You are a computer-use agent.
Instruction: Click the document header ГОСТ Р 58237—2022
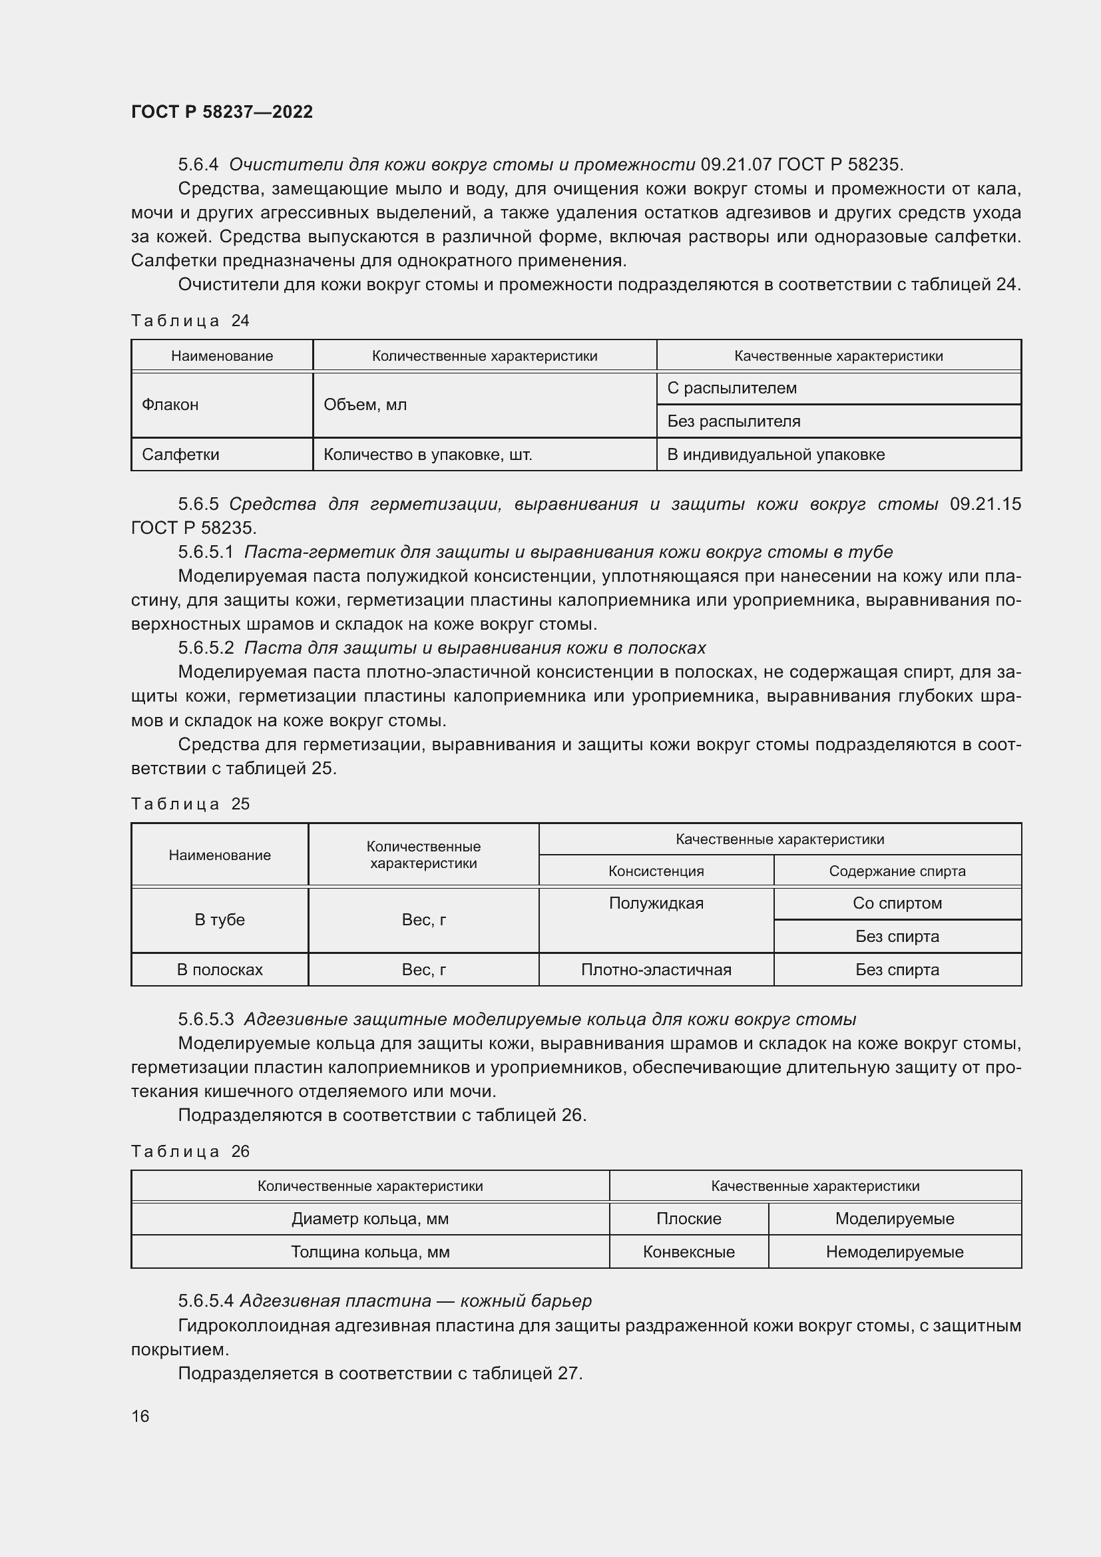click(222, 112)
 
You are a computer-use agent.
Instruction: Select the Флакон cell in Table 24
click(170, 405)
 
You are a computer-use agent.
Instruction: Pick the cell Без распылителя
click(734, 421)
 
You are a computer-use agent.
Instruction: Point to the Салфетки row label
click(180, 455)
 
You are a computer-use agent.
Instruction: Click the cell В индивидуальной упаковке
click(775, 455)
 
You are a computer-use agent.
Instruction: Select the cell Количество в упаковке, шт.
click(427, 455)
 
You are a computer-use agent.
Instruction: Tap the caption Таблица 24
click(190, 321)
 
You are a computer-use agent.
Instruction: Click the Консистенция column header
click(656, 871)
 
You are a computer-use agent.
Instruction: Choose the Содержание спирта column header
click(896, 871)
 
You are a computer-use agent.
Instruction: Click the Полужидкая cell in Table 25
click(656, 903)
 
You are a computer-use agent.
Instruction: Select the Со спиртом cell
click(896, 903)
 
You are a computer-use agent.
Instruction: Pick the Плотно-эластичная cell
click(656, 970)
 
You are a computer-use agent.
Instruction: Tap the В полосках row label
click(220, 970)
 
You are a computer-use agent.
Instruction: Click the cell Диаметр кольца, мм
click(370, 1219)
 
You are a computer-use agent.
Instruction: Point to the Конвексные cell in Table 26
click(688, 1252)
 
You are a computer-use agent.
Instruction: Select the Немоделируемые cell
click(893, 1252)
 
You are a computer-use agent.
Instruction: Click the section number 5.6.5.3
click(206, 1019)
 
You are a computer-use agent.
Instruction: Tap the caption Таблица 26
click(190, 1152)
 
